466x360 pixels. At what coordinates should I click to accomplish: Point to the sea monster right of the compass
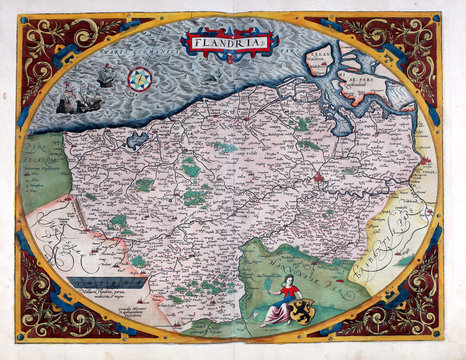(211, 76)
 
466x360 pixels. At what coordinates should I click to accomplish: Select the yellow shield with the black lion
(303, 313)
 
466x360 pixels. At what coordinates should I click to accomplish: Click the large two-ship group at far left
(73, 98)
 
